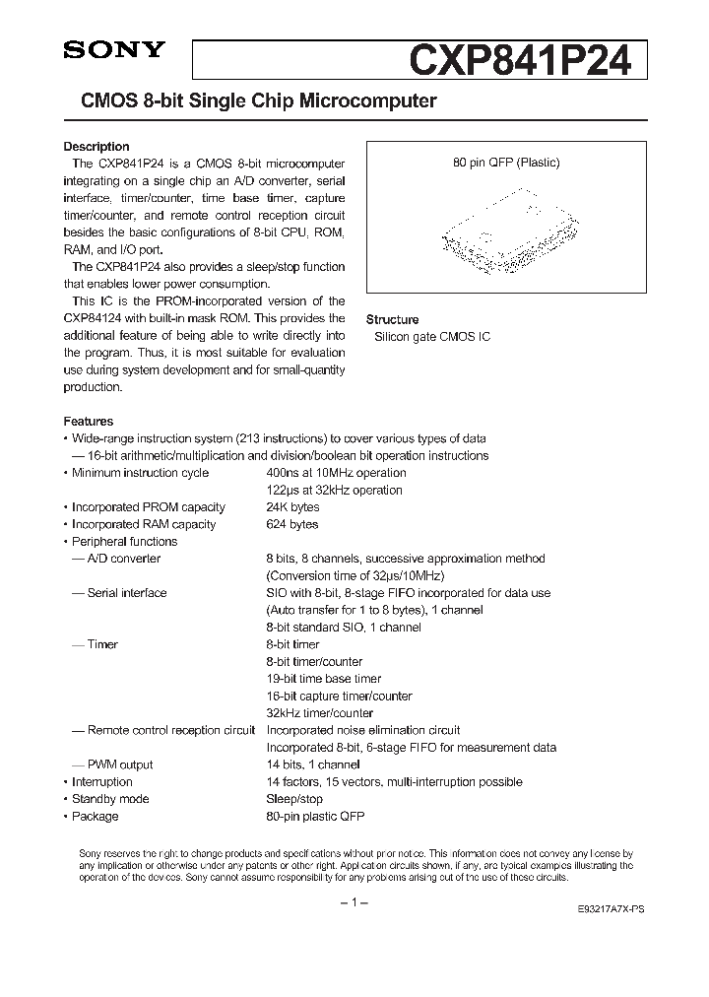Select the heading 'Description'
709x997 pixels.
click(97, 147)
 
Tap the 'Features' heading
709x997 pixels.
click(89, 421)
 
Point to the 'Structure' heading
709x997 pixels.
click(392, 319)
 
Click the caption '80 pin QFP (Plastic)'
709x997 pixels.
click(506, 164)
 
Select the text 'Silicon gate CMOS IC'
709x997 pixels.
click(431, 337)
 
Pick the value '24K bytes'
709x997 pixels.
click(292, 507)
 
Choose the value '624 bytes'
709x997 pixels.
click(292, 524)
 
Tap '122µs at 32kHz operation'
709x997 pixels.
click(334, 490)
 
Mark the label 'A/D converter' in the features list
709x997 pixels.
click(123, 559)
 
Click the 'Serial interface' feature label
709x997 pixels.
click(126, 593)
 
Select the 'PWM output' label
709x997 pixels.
click(119, 764)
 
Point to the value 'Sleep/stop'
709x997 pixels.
click(294, 799)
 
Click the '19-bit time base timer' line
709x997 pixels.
click(324, 679)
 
